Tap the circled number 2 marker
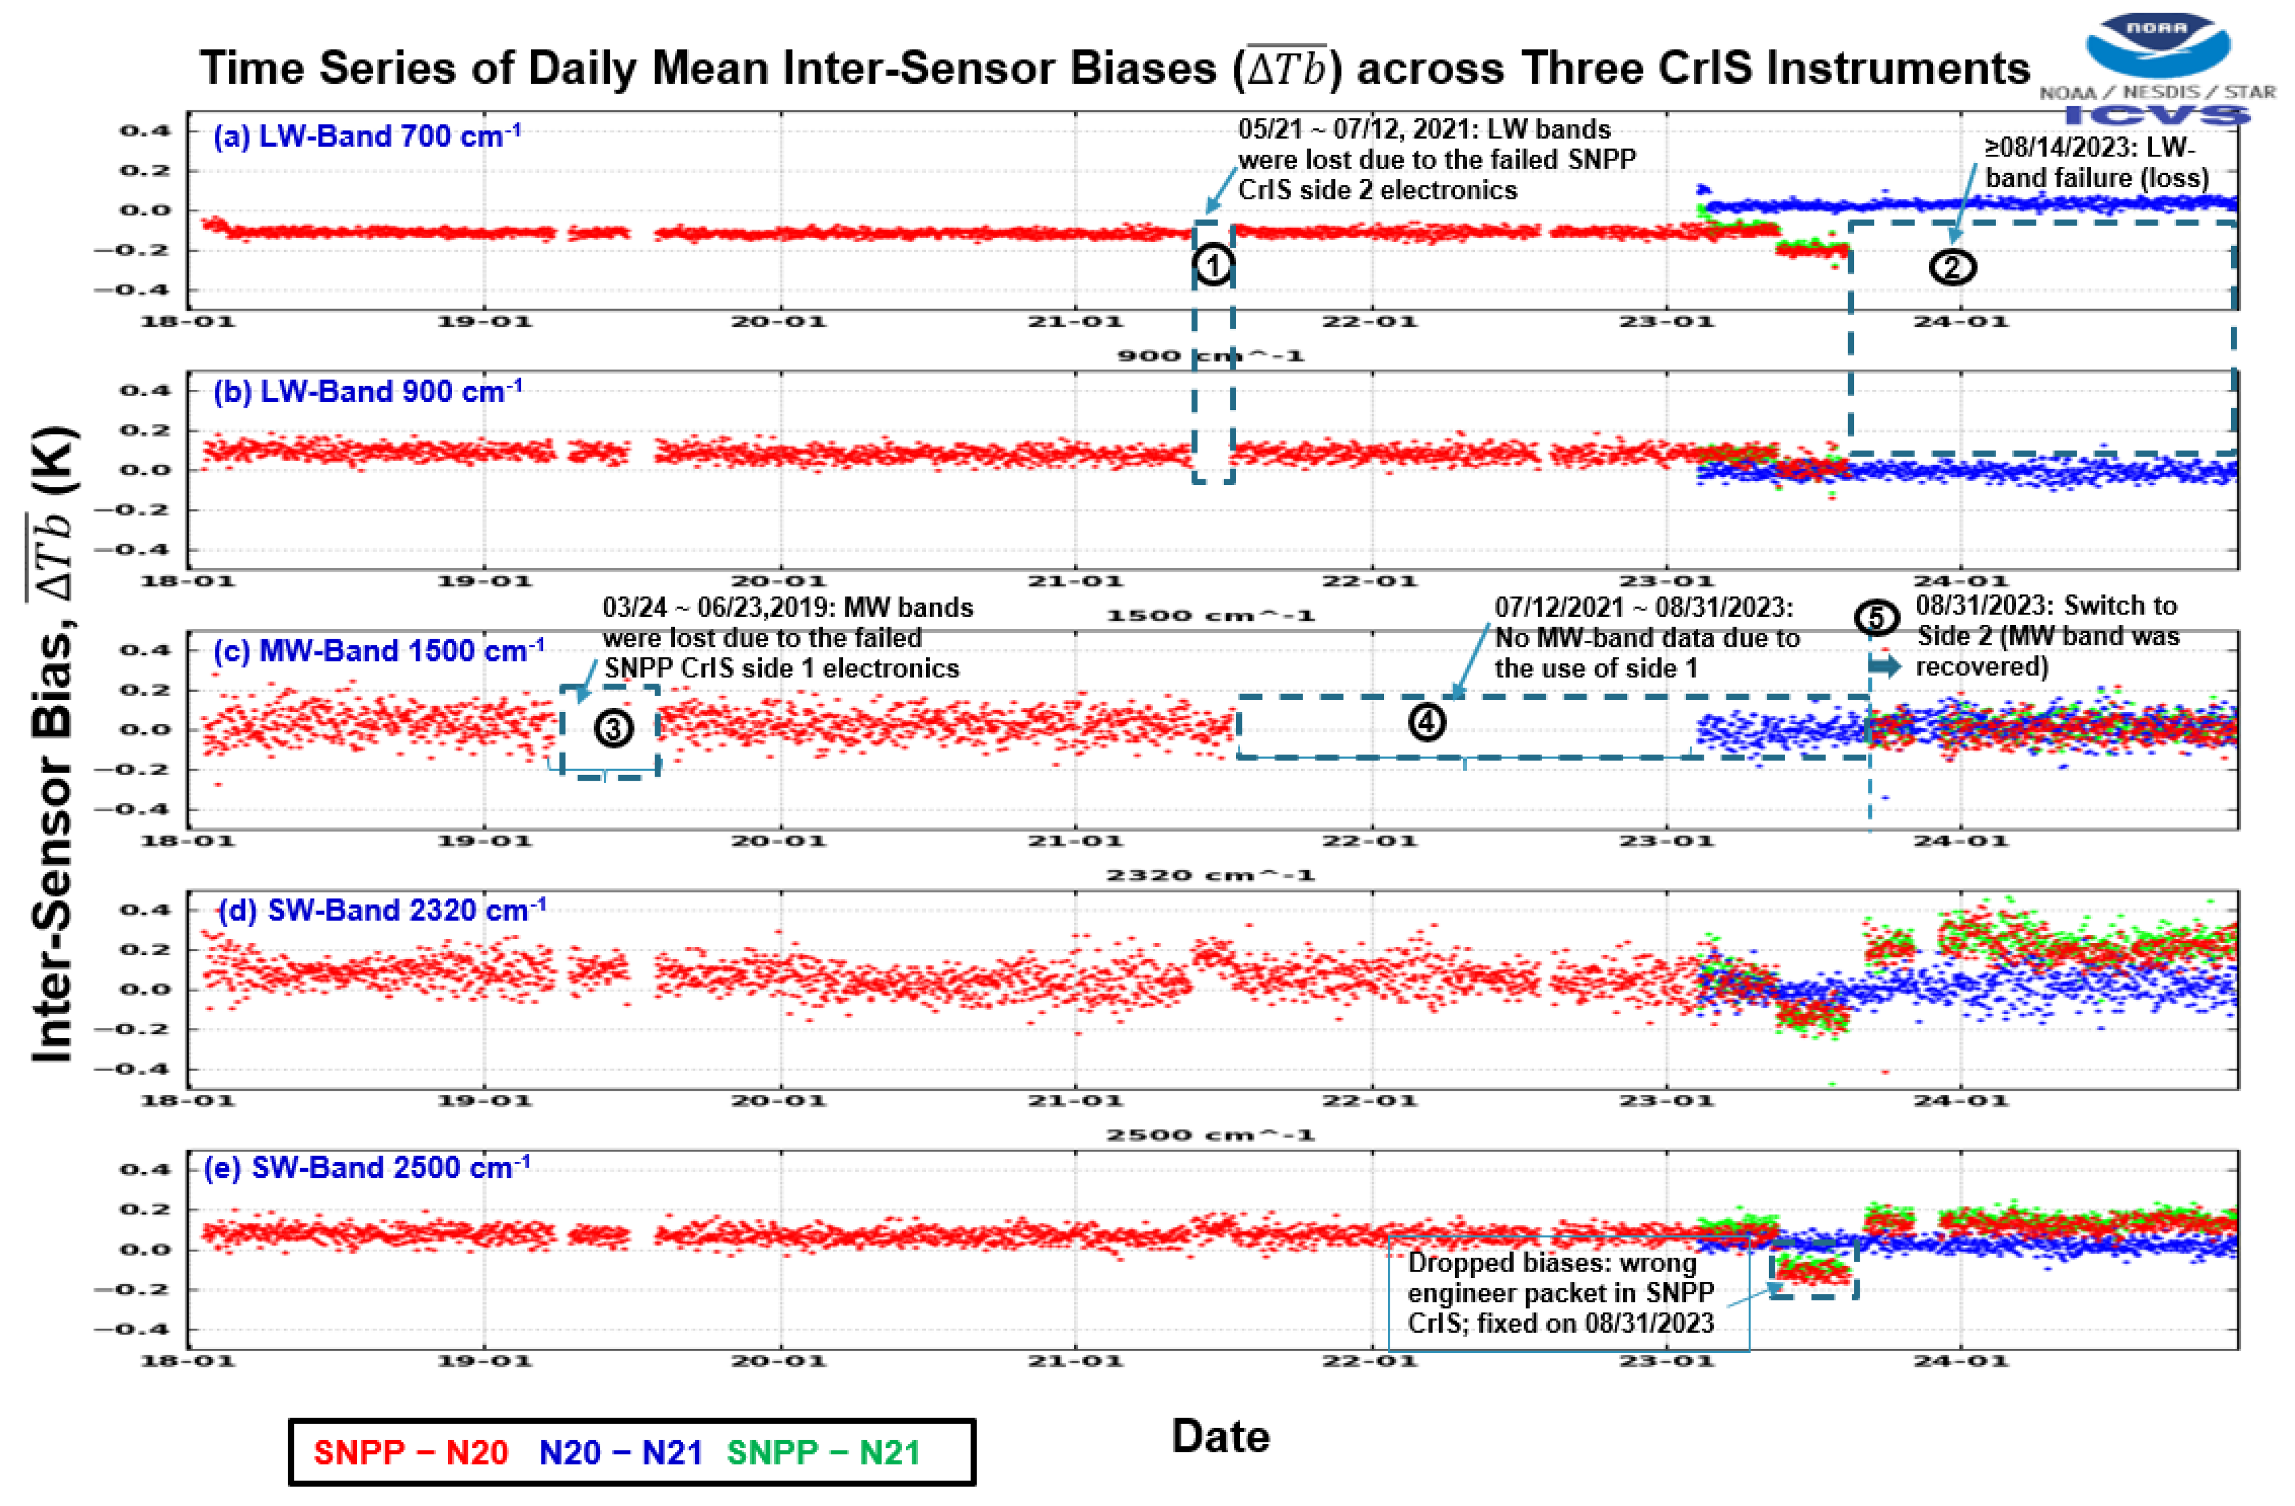pos(1951,267)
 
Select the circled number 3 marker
pos(613,729)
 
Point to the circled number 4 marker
pos(1427,721)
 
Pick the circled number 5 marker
pos(1876,618)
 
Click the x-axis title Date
pos(1220,1437)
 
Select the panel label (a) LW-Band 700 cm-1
pos(367,136)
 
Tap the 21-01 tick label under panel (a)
pos(1074,321)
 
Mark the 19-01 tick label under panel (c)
pos(484,841)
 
